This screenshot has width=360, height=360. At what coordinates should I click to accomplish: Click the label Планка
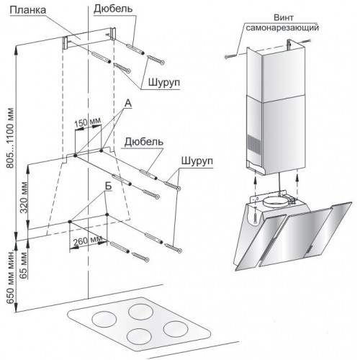coord(28,10)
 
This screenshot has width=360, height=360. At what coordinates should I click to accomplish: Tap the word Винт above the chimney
coord(284,17)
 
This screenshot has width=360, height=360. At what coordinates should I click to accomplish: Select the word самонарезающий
coord(283,27)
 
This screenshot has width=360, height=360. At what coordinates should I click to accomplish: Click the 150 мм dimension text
coord(87,122)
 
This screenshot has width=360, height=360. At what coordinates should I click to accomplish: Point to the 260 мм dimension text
coord(88,240)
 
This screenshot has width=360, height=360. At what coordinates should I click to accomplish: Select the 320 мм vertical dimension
coord(24,198)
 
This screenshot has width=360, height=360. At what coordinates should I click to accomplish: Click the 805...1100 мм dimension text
coord(10,138)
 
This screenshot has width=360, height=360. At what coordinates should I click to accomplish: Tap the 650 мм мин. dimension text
coord(10,277)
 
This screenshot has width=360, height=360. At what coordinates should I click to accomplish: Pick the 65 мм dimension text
coord(24,265)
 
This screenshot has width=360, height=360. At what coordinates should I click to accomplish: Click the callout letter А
coord(128,103)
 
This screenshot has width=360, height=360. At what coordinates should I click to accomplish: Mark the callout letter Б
coord(109,186)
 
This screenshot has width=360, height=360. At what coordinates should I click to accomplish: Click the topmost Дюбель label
coord(113,9)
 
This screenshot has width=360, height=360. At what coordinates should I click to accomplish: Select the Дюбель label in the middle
coord(144,142)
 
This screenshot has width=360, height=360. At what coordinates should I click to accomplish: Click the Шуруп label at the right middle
coord(197,161)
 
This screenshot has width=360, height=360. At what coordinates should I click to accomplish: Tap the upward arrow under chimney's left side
coord(256,184)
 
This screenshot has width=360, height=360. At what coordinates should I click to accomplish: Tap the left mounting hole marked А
coord(75,156)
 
